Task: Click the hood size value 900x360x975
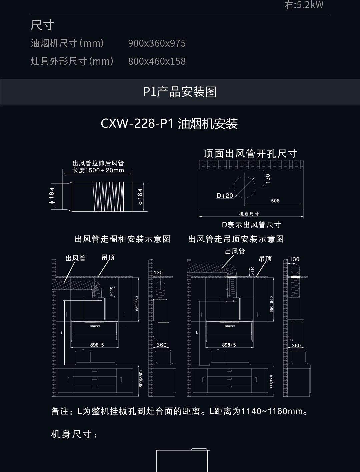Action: click(x=157, y=43)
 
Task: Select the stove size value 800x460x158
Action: click(x=157, y=61)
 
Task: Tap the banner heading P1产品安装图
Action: click(x=180, y=92)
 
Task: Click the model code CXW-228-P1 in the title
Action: click(x=137, y=124)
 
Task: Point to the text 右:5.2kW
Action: click(x=304, y=5)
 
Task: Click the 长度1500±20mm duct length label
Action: click(x=98, y=170)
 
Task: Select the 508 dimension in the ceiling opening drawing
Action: click(x=275, y=201)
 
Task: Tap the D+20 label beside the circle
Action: click(x=225, y=196)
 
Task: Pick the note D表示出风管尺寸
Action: click(x=252, y=225)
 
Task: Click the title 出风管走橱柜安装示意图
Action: click(x=122, y=239)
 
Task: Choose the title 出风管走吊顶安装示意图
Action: click(x=236, y=239)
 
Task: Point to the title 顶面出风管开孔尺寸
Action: click(x=251, y=153)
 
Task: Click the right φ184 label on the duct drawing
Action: click(x=140, y=196)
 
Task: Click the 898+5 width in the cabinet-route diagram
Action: click(x=97, y=345)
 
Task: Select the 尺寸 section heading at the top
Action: click(x=42, y=25)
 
